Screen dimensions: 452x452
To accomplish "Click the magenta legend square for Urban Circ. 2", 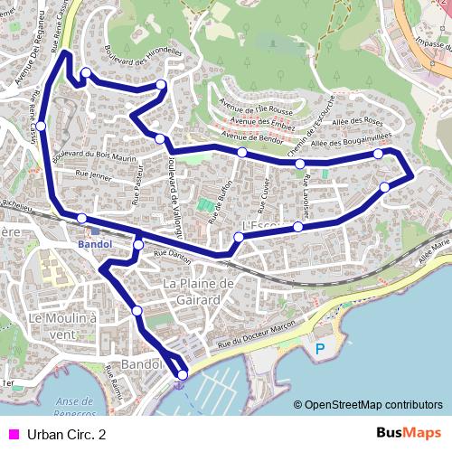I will click(x=13, y=434).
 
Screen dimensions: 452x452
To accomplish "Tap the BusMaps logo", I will click(x=409, y=433).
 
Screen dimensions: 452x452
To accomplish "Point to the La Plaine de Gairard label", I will click(x=199, y=291).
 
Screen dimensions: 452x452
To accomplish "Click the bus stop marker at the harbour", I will click(x=183, y=374).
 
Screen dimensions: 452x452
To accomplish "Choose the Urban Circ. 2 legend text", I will click(x=66, y=434).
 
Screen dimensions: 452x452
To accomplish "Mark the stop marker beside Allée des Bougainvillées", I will click(x=379, y=155).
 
